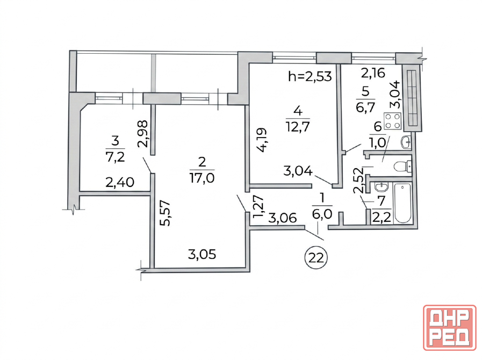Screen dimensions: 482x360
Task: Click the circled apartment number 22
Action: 316,257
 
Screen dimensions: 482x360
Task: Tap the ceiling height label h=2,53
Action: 310,76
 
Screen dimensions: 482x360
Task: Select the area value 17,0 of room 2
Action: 202,178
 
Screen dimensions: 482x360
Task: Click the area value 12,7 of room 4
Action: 298,126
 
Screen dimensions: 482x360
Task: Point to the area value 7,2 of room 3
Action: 115,157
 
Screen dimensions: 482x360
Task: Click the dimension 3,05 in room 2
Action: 202,254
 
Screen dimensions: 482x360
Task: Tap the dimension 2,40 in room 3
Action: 120,182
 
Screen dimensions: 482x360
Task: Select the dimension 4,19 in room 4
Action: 262,140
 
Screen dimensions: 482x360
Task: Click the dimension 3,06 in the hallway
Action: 283,218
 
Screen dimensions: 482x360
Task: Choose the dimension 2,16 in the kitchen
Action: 373,73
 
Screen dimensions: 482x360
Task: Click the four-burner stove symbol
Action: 393,120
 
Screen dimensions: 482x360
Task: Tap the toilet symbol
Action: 402,167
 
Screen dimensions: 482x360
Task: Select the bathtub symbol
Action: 402,203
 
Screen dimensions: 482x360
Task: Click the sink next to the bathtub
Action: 382,186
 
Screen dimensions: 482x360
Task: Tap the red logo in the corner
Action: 449,327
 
